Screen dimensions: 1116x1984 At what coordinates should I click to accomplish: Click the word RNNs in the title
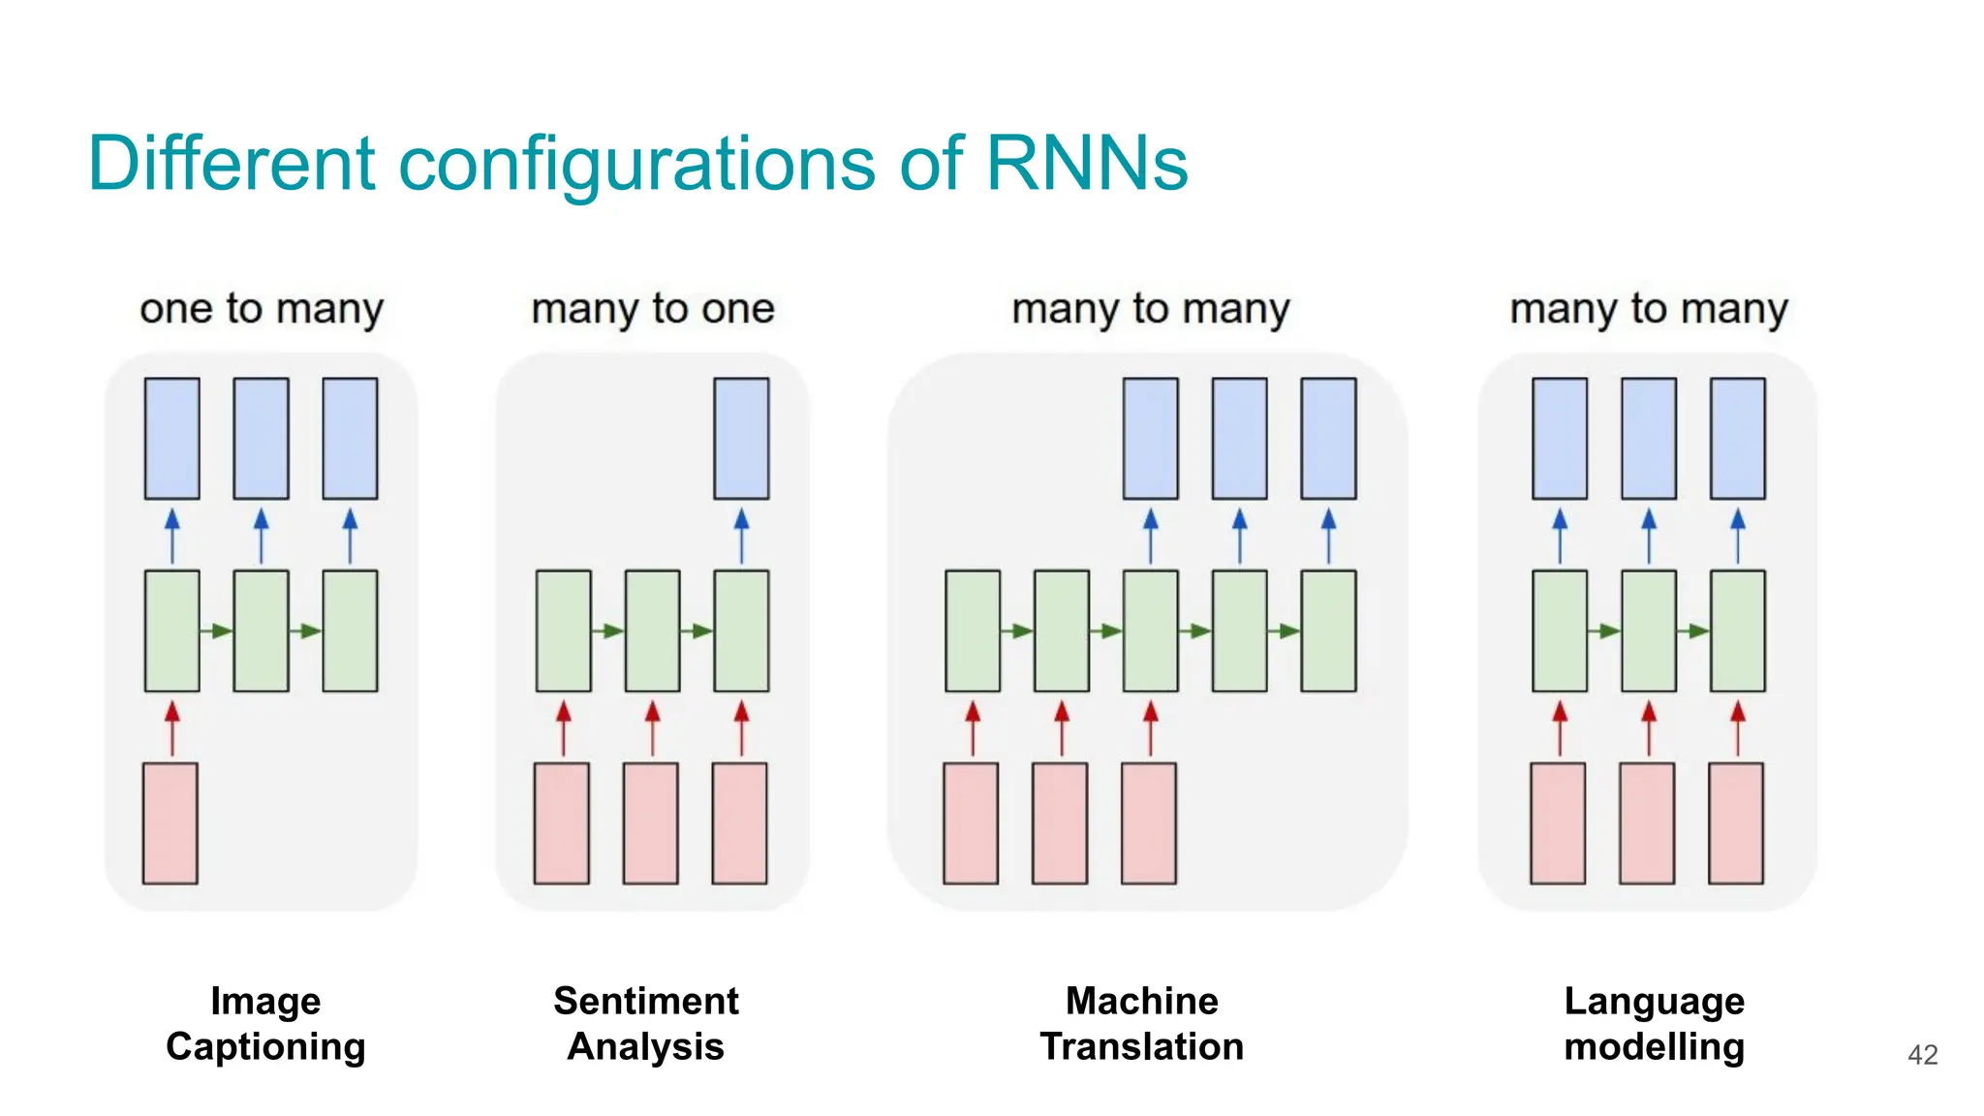click(1086, 163)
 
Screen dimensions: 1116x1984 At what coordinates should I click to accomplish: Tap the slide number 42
click(1922, 1054)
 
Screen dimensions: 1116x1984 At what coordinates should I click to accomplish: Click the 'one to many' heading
click(262, 308)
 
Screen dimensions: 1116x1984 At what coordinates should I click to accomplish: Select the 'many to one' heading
click(653, 308)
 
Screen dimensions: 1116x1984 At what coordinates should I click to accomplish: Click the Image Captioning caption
click(265, 1023)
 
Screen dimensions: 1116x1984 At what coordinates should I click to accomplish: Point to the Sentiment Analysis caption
click(645, 1023)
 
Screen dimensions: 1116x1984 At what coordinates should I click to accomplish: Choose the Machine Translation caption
click(1141, 1023)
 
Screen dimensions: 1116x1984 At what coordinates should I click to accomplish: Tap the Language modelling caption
click(1654, 1023)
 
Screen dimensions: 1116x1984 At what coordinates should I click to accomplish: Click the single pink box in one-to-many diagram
click(170, 822)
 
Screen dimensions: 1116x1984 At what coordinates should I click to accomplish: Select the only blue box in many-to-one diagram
click(741, 438)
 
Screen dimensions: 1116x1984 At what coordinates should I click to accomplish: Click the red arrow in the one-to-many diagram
click(172, 728)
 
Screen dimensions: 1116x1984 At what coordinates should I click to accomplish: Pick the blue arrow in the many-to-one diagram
click(741, 535)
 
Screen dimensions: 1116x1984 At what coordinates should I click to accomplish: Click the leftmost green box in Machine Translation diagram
click(973, 631)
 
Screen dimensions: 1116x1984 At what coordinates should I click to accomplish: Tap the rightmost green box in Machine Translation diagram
click(1328, 631)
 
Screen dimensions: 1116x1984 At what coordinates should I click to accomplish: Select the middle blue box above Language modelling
click(1649, 438)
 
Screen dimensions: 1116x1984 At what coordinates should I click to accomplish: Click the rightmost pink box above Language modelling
click(1736, 822)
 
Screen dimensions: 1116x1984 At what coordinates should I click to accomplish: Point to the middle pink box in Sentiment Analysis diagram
click(651, 822)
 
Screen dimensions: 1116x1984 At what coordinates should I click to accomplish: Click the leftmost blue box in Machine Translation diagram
click(1151, 438)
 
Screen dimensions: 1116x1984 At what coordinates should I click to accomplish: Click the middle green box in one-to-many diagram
click(261, 631)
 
